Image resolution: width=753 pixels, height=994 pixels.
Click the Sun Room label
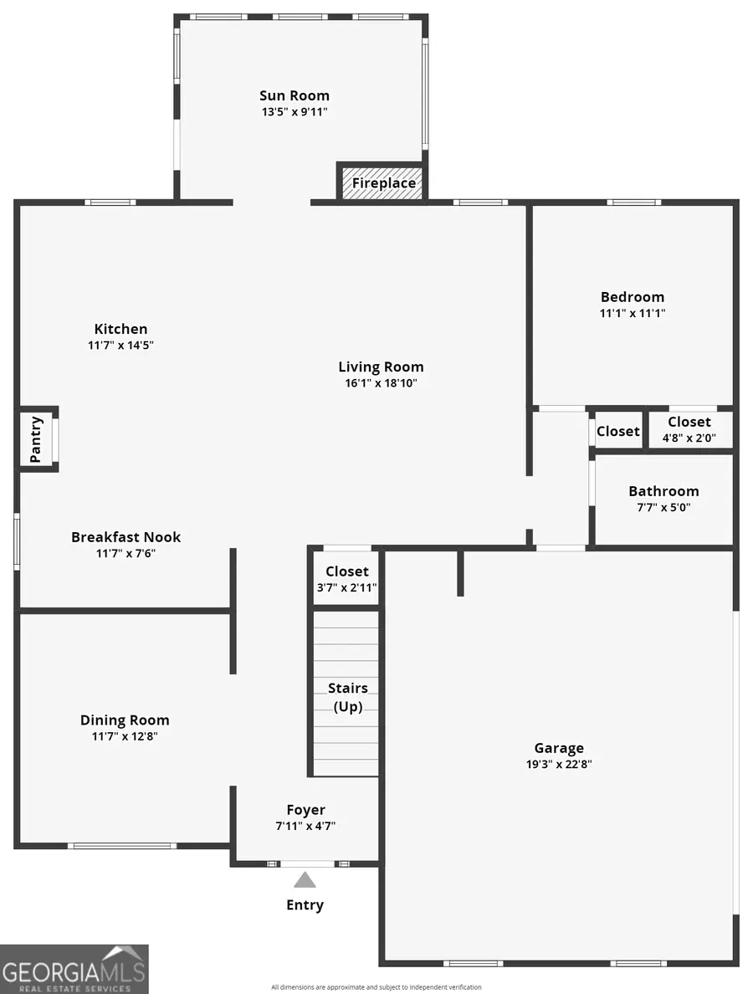pos(295,95)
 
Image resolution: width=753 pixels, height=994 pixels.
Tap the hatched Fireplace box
pos(383,182)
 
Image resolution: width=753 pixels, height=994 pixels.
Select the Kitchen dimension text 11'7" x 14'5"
pos(120,345)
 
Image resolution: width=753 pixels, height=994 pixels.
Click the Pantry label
pos(36,439)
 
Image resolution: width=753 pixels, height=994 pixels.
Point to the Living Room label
pos(381,366)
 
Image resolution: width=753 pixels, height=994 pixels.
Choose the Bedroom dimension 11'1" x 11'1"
pos(633,313)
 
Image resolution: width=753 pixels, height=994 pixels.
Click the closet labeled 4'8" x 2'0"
pos(689,430)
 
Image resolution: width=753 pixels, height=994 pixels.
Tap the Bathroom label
pos(663,491)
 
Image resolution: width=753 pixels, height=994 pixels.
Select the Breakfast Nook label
pos(125,537)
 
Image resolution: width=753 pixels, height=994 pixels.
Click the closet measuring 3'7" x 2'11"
pos(346,579)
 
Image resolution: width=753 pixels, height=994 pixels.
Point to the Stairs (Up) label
pos(347,697)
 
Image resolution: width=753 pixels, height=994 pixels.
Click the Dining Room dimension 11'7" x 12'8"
pos(125,736)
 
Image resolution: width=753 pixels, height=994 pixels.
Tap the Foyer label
pos(305,810)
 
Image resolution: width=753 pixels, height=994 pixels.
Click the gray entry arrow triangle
pos(305,879)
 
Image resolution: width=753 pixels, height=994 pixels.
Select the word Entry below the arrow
pos(305,904)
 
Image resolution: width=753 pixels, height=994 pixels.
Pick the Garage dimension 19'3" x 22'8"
pos(559,764)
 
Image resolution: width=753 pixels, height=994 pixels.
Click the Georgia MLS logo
pos(74,969)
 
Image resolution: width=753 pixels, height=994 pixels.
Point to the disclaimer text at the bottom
pos(376,987)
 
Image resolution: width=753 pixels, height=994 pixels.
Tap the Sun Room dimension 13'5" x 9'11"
pos(295,111)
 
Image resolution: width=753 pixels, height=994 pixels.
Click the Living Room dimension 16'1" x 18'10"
pos(381,383)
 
